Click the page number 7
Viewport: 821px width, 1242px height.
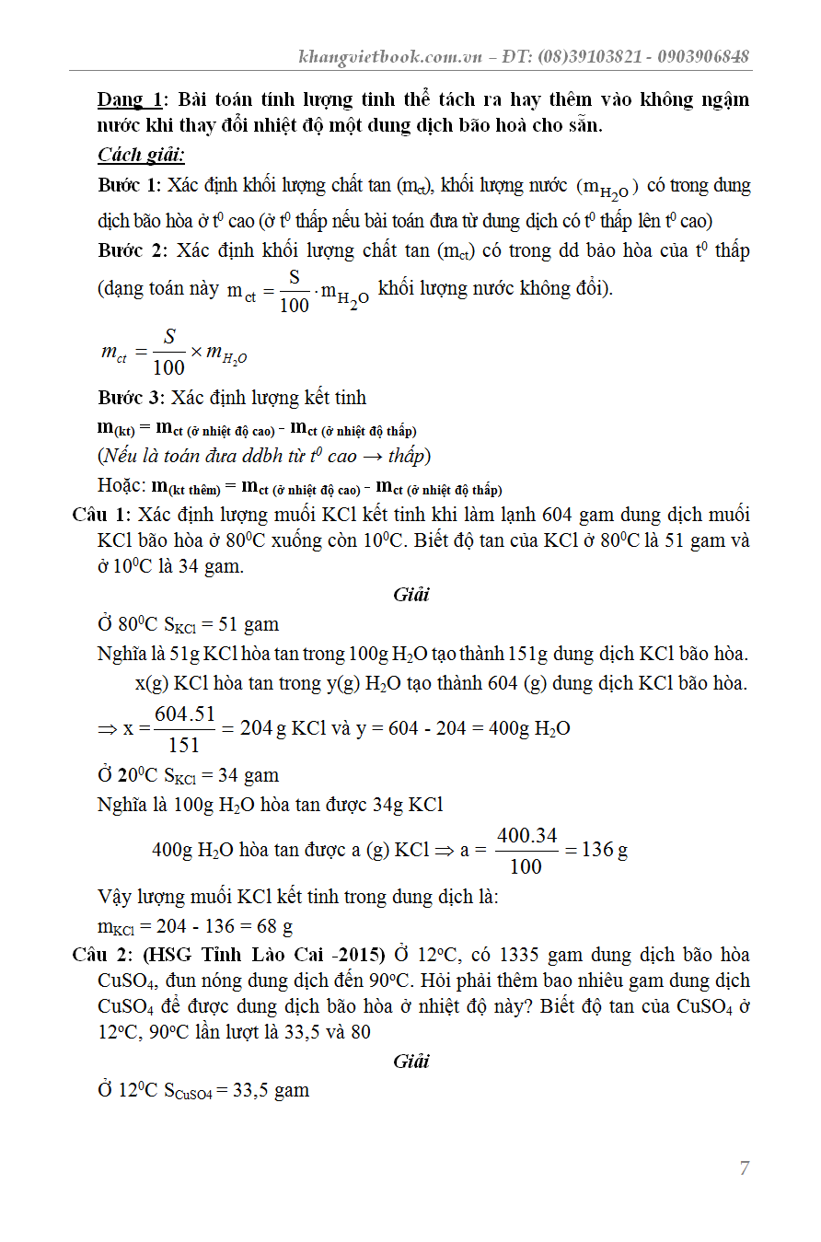click(744, 1168)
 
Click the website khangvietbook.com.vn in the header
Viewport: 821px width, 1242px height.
click(391, 56)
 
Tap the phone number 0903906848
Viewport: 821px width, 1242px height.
click(704, 56)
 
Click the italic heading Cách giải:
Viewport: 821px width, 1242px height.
click(141, 155)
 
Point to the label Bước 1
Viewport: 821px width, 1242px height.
click(129, 186)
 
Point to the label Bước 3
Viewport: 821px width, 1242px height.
click(129, 398)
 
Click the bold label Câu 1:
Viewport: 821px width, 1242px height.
click(102, 515)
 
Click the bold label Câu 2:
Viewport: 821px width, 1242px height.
click(102, 955)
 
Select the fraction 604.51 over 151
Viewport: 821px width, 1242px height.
click(184, 728)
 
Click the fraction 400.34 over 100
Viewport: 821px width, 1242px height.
click(526, 850)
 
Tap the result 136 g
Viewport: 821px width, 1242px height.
click(605, 850)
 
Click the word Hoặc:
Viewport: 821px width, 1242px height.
click(121, 486)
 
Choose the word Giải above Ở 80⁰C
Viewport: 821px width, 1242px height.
click(410, 595)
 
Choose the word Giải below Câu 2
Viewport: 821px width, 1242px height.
click(410, 1062)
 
